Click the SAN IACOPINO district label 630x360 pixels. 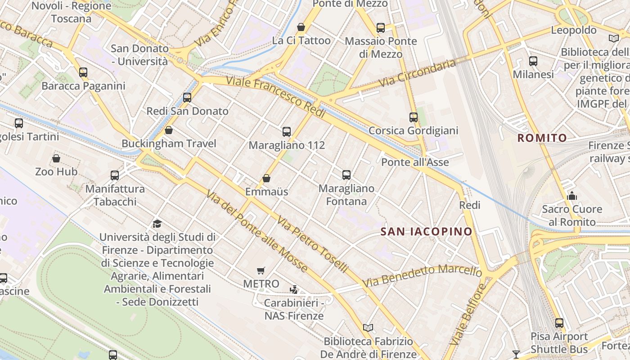(426, 232)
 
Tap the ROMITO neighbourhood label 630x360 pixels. (542, 138)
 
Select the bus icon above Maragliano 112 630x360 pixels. (287, 132)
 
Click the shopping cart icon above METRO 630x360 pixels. (261, 270)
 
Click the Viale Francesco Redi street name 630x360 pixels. (275, 97)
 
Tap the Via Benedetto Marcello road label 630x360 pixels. (422, 275)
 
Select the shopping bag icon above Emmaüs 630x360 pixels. (266, 178)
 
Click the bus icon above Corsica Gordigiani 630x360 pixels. (413, 117)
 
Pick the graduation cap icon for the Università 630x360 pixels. (157, 224)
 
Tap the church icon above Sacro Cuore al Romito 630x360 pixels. (572, 196)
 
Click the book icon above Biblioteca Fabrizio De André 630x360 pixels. (368, 328)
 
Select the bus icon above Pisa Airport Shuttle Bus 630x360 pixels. (559, 323)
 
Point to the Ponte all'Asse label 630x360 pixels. (415, 162)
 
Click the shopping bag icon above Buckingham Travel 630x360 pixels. (169, 130)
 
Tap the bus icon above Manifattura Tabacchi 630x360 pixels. (115, 175)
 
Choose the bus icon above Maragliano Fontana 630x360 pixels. (346, 175)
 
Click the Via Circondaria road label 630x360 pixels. (417, 73)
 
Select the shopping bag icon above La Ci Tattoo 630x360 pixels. (301, 27)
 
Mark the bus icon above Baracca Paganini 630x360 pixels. (83, 72)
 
